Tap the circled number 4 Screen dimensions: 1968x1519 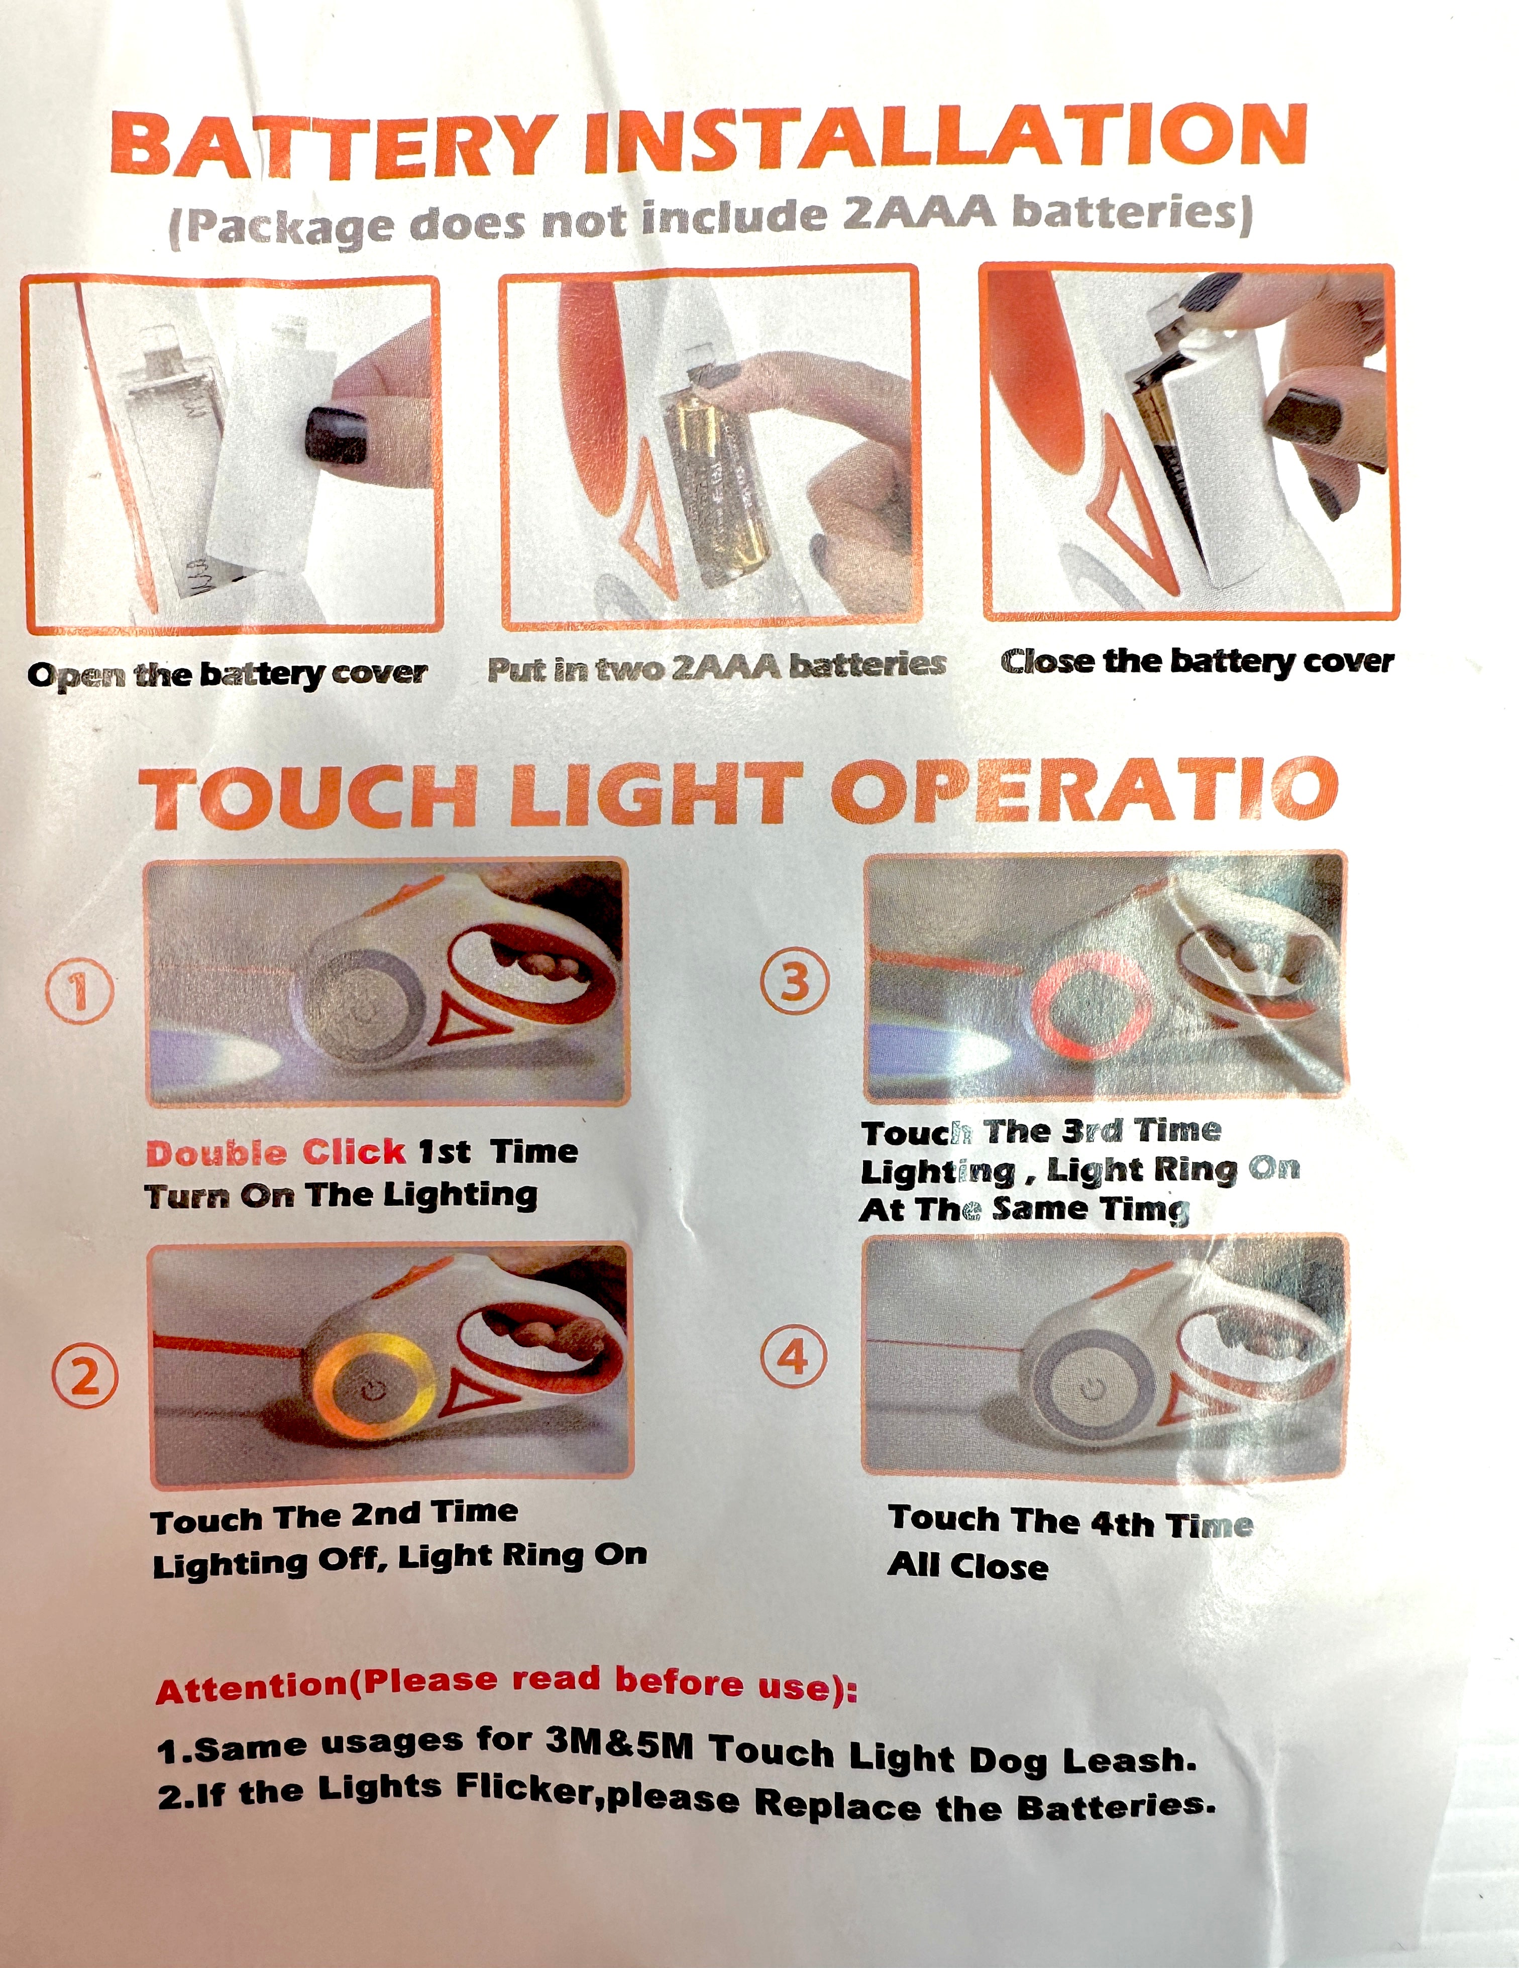pyautogui.click(x=793, y=1358)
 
